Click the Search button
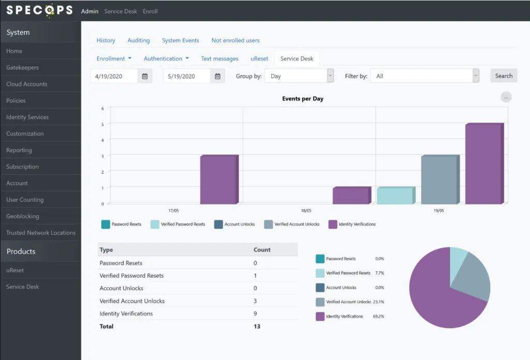(x=504, y=76)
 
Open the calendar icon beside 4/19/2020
(x=145, y=77)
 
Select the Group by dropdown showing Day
(x=299, y=76)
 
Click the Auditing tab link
(x=139, y=40)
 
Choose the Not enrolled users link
(x=235, y=40)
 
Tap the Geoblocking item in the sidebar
(x=23, y=216)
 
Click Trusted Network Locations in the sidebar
(x=41, y=233)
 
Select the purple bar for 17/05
(x=219, y=179)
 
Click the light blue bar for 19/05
(x=396, y=195)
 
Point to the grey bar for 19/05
(x=440, y=179)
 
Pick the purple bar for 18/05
(x=352, y=195)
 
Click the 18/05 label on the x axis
(x=306, y=211)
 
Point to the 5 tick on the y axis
(x=102, y=124)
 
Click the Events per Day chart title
(x=303, y=99)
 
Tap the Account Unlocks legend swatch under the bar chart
(x=218, y=224)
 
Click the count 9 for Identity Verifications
(x=255, y=313)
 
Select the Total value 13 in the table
(x=257, y=326)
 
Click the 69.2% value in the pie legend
(x=378, y=317)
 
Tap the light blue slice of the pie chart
(x=458, y=262)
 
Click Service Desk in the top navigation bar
(x=120, y=11)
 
